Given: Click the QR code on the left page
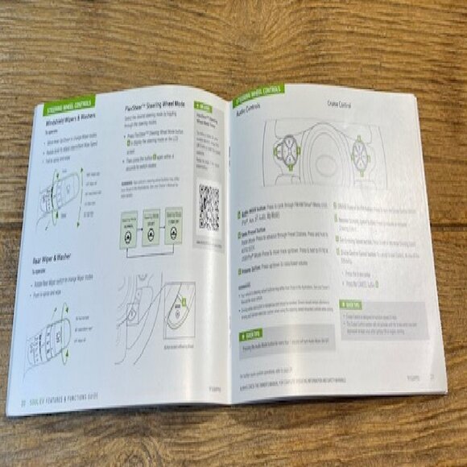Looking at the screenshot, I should [x=209, y=207].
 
